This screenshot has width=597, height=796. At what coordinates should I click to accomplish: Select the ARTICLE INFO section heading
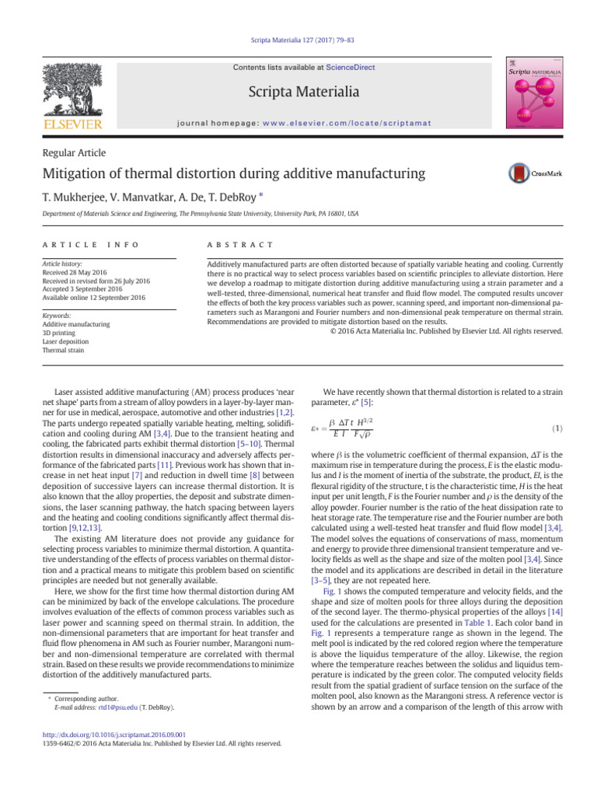pyautogui.click(x=92, y=245)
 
